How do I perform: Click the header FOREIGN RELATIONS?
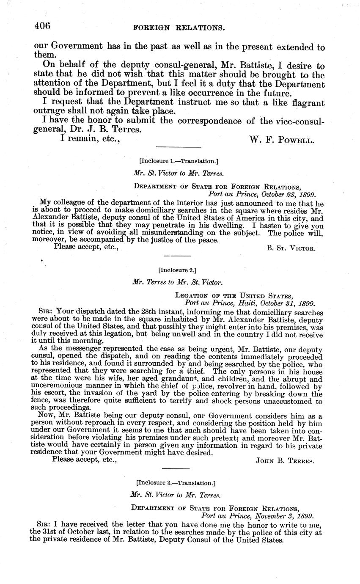pyautogui.click(x=179, y=28)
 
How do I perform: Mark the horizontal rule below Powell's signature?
pyautogui.click(x=179, y=147)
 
